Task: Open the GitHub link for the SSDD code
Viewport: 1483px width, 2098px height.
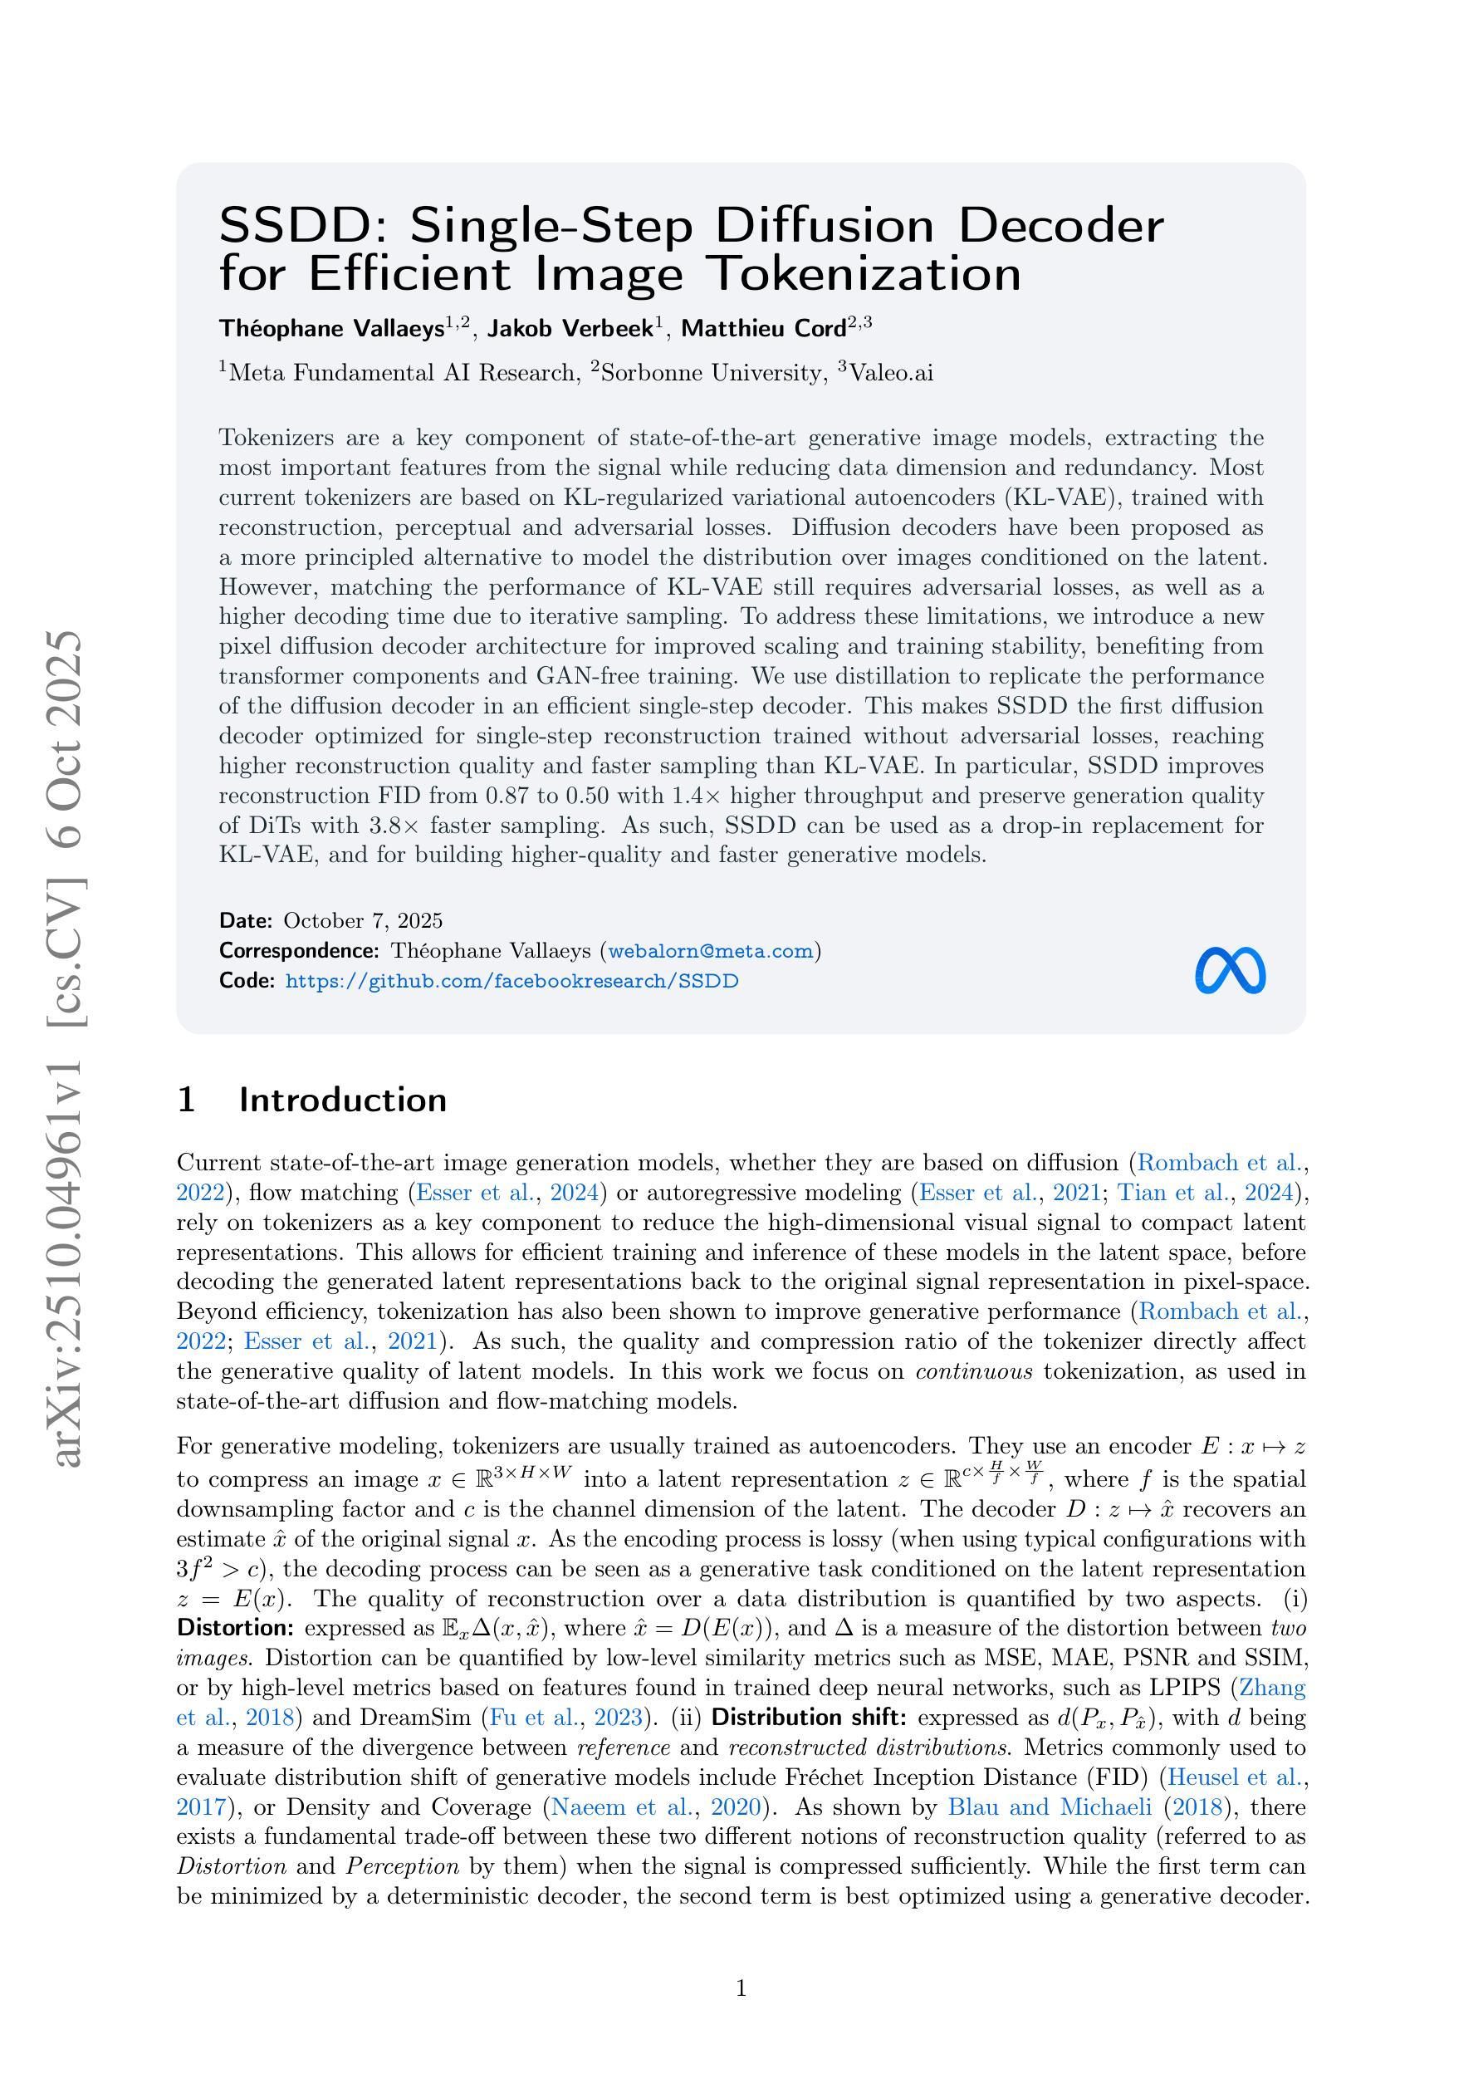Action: (511, 982)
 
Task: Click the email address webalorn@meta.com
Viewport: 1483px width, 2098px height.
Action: (710, 951)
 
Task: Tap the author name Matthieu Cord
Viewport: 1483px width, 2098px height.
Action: (764, 329)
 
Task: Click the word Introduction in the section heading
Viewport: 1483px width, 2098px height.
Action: (343, 1100)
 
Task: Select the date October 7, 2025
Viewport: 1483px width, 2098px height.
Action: (363, 920)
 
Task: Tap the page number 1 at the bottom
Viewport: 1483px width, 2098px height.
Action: (741, 1988)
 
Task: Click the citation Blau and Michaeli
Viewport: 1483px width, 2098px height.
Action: (1049, 1807)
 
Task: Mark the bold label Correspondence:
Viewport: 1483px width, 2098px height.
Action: (299, 951)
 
